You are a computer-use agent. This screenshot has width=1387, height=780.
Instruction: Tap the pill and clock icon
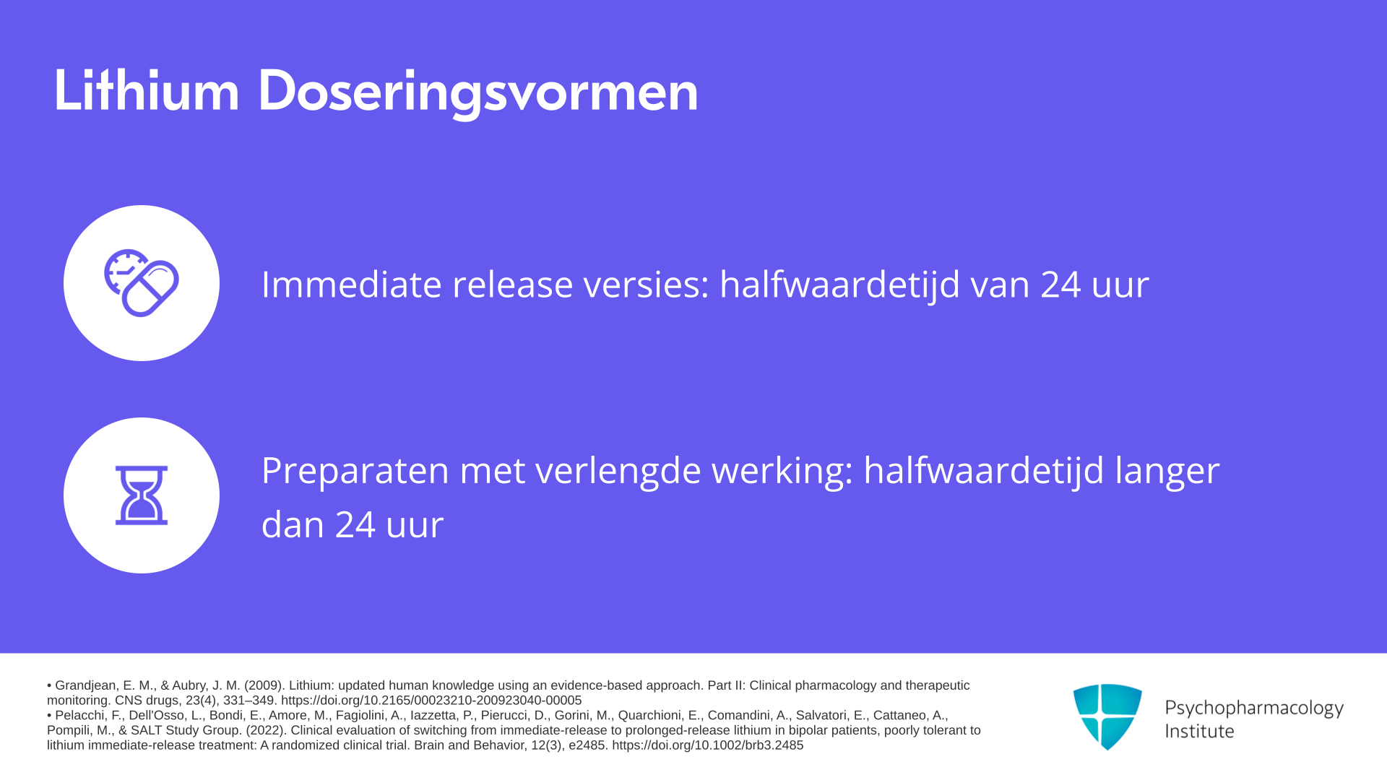(x=142, y=283)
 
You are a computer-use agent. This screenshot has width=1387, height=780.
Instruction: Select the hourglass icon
(x=142, y=495)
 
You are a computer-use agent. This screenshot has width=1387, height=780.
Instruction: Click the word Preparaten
(x=355, y=472)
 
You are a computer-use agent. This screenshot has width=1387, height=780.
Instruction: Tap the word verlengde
(x=617, y=472)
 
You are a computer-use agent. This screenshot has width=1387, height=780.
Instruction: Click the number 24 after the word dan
(x=355, y=525)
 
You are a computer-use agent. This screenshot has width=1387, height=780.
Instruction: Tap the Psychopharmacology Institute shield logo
(x=1107, y=716)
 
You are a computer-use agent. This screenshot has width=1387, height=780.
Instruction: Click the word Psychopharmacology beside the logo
(x=1254, y=708)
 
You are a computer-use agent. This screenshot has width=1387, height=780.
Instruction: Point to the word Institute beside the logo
(x=1199, y=732)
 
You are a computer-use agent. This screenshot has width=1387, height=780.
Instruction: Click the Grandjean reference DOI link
(x=431, y=701)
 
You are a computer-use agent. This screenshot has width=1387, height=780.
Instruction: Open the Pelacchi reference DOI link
(x=708, y=745)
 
